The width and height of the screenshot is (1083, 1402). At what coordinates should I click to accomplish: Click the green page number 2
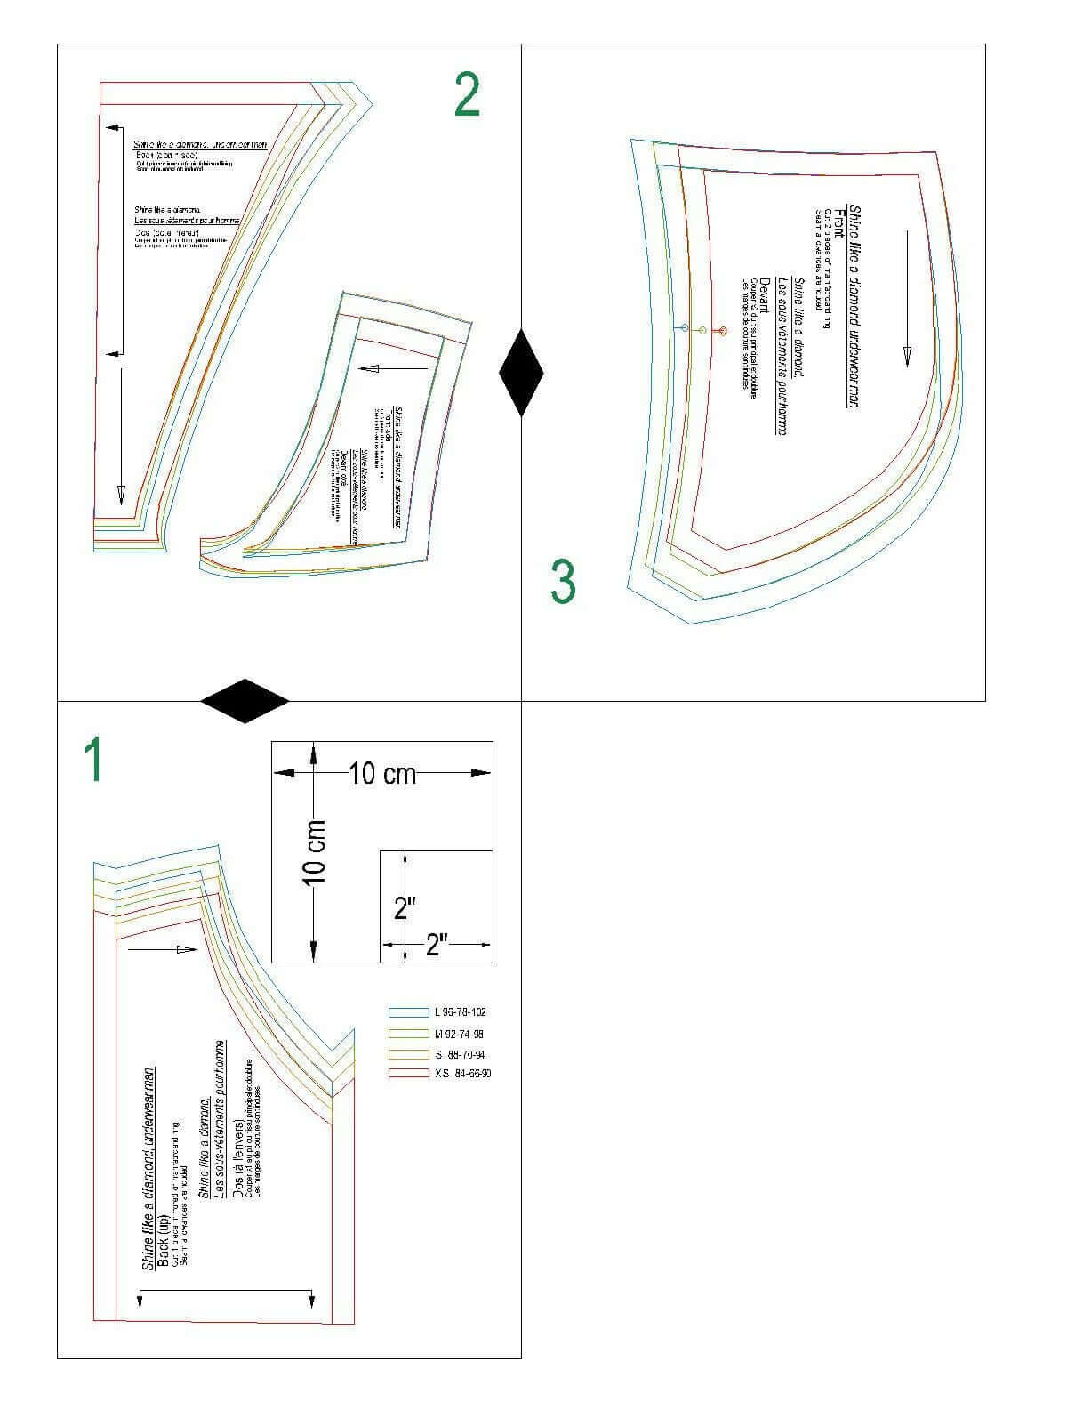(x=468, y=95)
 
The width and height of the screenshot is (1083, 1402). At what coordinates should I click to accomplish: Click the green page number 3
(x=562, y=583)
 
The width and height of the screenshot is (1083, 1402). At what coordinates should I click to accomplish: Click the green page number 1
(x=93, y=759)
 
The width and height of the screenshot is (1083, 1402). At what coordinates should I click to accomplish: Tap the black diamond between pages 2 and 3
(x=521, y=372)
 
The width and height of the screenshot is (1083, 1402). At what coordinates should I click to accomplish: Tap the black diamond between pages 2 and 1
(x=245, y=700)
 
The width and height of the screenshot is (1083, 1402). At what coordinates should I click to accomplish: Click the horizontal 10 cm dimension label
(x=382, y=774)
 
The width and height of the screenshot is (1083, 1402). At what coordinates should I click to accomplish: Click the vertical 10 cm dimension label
(x=314, y=852)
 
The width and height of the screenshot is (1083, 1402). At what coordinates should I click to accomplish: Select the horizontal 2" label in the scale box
(x=435, y=945)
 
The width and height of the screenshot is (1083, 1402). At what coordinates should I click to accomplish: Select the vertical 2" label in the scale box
(x=405, y=907)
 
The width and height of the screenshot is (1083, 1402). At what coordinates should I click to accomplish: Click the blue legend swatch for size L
(x=407, y=1012)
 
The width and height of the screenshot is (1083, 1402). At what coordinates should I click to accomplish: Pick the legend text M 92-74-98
(x=459, y=1034)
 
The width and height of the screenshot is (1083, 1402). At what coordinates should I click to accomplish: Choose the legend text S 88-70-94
(x=459, y=1054)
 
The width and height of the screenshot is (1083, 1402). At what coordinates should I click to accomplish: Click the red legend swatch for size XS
(x=407, y=1074)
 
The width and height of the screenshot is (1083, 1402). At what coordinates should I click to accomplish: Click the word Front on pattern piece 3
(x=839, y=222)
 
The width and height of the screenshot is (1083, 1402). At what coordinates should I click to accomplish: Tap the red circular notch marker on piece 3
(x=722, y=330)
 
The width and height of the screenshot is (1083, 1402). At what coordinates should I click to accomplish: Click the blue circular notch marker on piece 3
(x=684, y=329)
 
